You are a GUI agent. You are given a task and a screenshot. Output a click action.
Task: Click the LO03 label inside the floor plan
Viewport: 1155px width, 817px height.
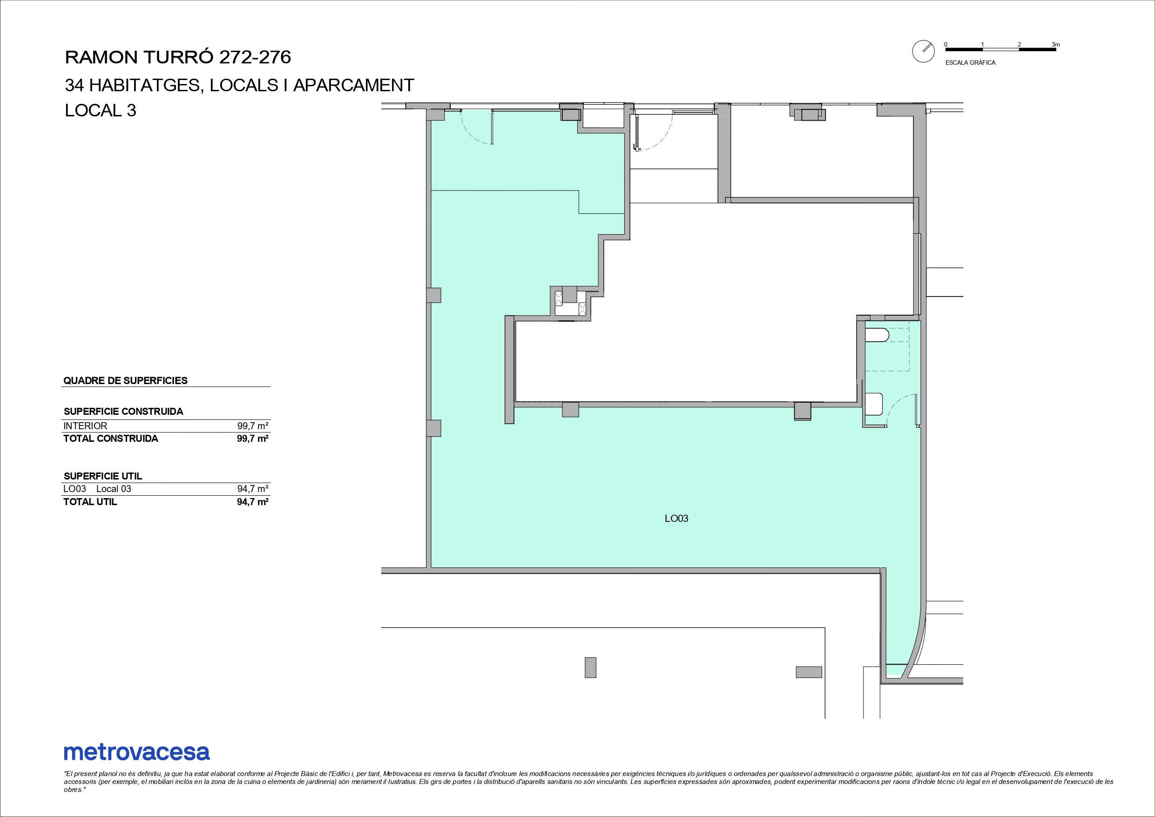coord(676,518)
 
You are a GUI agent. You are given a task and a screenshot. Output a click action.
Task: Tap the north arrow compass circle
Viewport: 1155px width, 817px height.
coord(923,51)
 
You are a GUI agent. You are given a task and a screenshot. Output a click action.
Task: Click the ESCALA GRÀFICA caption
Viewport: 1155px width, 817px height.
coord(970,63)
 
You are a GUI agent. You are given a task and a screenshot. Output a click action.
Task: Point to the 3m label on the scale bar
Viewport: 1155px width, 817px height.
coord(1055,45)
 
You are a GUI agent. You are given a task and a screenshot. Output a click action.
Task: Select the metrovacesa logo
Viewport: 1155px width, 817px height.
coord(137,753)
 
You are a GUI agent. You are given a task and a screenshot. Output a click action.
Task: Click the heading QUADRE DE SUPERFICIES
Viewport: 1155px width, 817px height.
coord(125,381)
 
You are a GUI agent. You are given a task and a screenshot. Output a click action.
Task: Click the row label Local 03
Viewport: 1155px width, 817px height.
coord(114,489)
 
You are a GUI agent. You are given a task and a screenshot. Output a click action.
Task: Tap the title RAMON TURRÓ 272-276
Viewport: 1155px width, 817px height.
coord(178,57)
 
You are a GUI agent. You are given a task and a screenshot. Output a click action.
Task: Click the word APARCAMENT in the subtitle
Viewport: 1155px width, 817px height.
coord(354,86)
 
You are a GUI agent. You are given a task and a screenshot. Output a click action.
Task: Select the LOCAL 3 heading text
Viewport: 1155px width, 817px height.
coord(101,111)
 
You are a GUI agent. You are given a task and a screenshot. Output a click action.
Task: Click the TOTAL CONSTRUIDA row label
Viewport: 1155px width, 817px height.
coord(111,439)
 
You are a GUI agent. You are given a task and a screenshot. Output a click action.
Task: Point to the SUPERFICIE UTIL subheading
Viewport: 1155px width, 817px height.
coord(103,476)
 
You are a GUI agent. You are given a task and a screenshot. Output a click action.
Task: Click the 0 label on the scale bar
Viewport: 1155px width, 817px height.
coord(946,45)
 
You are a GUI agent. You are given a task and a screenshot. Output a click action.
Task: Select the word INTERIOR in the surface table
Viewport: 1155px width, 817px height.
coord(85,426)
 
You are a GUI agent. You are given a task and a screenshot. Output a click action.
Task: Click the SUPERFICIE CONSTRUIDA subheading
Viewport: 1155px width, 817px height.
coord(124,412)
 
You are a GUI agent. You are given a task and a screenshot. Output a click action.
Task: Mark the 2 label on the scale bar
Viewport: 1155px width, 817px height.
coord(1019,45)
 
